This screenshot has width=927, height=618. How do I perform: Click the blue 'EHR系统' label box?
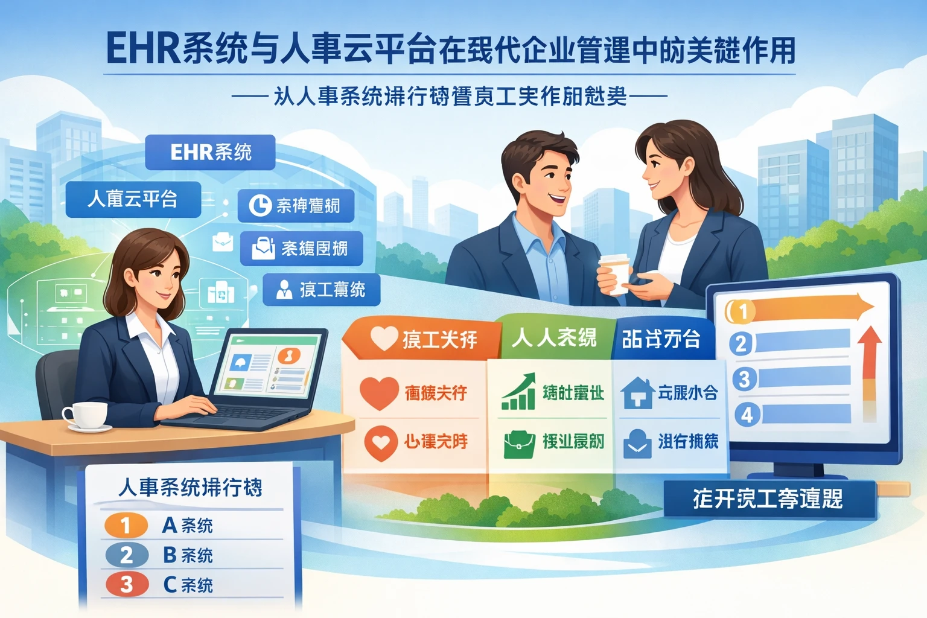[210, 152]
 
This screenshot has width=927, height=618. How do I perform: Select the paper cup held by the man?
[614, 273]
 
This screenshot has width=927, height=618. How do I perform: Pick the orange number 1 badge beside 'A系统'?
[126, 525]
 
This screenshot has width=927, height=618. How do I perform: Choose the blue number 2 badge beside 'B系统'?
[126, 555]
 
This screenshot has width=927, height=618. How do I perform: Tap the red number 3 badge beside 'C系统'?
[126, 584]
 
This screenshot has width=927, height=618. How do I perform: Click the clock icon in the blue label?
[260, 205]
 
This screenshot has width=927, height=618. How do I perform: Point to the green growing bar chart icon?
[519, 392]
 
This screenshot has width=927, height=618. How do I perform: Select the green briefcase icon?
[519, 443]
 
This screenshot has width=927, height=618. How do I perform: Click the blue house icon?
[637, 392]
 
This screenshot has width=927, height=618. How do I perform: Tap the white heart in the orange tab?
[384, 338]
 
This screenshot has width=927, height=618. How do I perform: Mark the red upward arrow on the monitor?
[869, 362]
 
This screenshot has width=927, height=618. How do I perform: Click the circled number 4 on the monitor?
[747, 415]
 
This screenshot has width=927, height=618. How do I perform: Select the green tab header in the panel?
[554, 337]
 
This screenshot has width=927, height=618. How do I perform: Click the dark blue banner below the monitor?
[769, 499]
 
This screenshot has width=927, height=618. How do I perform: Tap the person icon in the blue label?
[283, 290]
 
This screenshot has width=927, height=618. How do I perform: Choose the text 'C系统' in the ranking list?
[188, 584]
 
